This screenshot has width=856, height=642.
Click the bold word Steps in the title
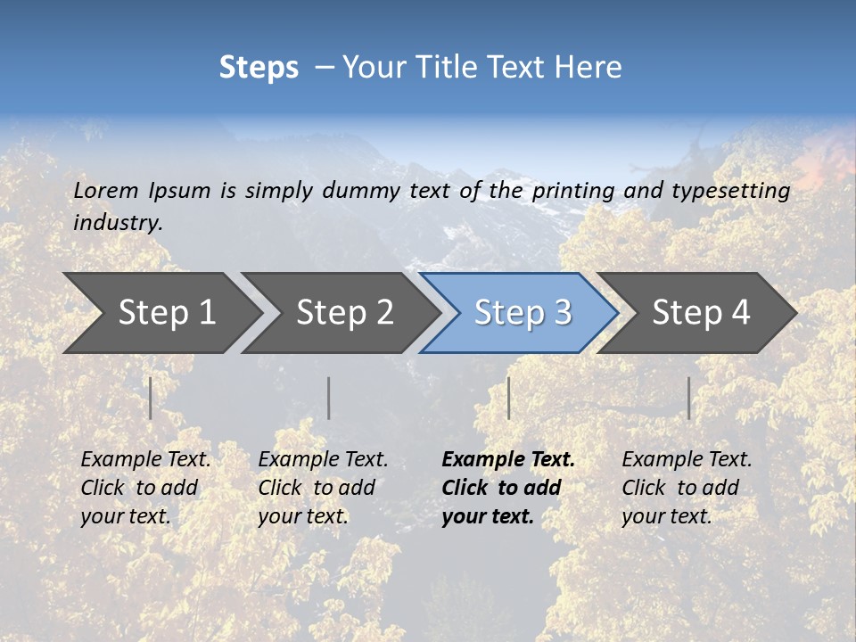pyautogui.click(x=259, y=68)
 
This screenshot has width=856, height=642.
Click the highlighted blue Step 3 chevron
pyautogui.click(x=523, y=313)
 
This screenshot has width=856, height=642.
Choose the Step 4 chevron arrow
pyautogui.click(x=701, y=313)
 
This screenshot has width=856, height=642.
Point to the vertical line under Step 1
pyautogui.click(x=151, y=398)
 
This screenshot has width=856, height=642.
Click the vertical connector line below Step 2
pyautogui.click(x=329, y=398)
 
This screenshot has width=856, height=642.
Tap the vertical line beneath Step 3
pyautogui.click(x=508, y=398)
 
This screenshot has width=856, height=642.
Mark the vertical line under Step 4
pyautogui.click(x=688, y=398)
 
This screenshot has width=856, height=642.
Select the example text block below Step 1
pyautogui.click(x=145, y=488)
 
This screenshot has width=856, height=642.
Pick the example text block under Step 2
pyautogui.click(x=323, y=488)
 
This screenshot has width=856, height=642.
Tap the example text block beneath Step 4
pyautogui.click(x=687, y=488)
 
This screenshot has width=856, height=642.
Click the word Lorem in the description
pyautogui.click(x=106, y=190)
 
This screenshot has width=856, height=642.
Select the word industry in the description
pyautogui.click(x=118, y=222)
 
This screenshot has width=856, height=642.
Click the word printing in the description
pyautogui.click(x=573, y=190)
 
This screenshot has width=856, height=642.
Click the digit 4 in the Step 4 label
pyautogui.click(x=740, y=313)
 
